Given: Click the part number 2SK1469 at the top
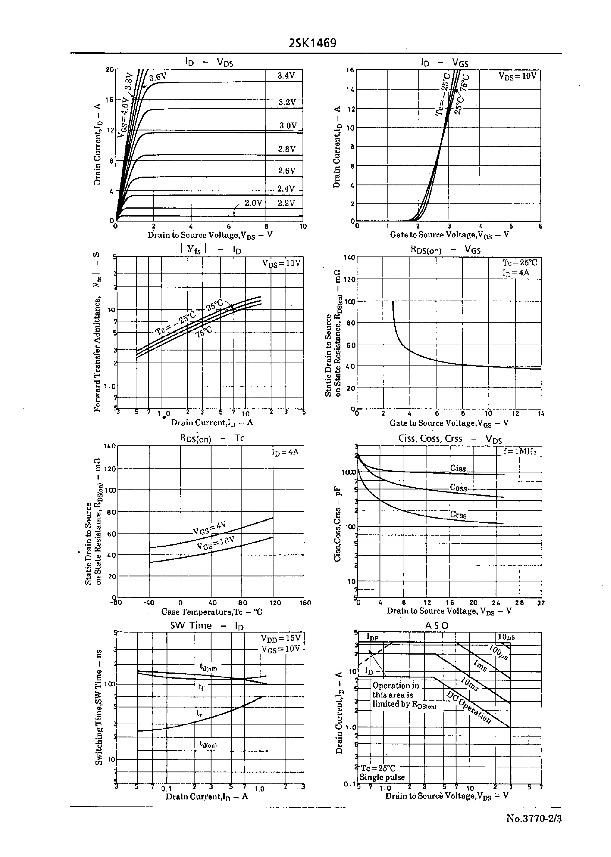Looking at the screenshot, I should click(312, 43).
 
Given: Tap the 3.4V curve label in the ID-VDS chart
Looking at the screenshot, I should click(286, 76).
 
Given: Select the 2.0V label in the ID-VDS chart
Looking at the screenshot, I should click(253, 203).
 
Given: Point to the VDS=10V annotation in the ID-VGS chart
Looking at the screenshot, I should click(517, 76).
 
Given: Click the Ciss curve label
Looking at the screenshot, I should click(458, 468).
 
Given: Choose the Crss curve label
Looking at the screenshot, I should click(458, 515).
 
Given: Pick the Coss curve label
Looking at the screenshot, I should click(458, 488).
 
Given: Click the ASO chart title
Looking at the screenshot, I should click(437, 625).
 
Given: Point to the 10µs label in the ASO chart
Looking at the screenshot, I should click(506, 637).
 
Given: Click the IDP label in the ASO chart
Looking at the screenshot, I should click(372, 637).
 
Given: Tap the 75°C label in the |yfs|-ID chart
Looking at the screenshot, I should click(204, 332).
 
